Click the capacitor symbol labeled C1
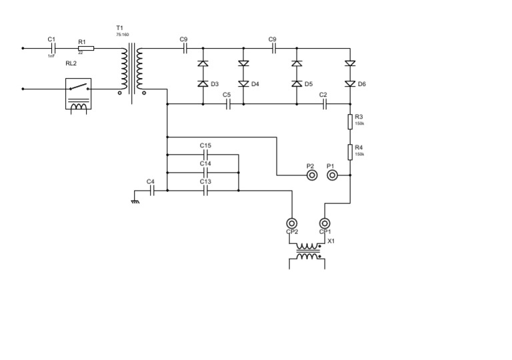(x=53, y=48)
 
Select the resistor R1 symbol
(x=86, y=48)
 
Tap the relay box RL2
(x=79, y=93)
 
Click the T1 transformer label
(x=120, y=28)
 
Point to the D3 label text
(x=215, y=85)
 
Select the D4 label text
(x=255, y=85)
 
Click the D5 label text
(x=308, y=85)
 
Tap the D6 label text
(x=362, y=85)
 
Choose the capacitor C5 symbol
(x=228, y=104)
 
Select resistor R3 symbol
(x=351, y=121)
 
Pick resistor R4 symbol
(x=351, y=151)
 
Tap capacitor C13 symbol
(x=205, y=190)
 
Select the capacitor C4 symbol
(x=152, y=190)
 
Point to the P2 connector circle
(x=311, y=175)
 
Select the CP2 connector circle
(x=291, y=223)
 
